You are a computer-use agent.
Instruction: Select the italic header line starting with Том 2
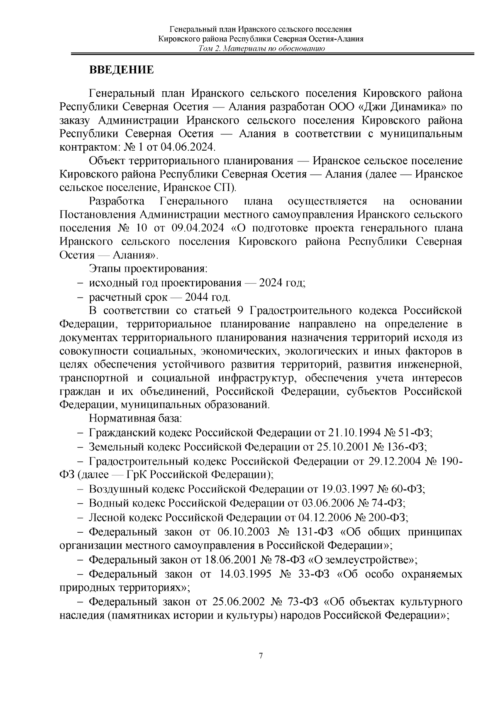(x=261, y=49)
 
